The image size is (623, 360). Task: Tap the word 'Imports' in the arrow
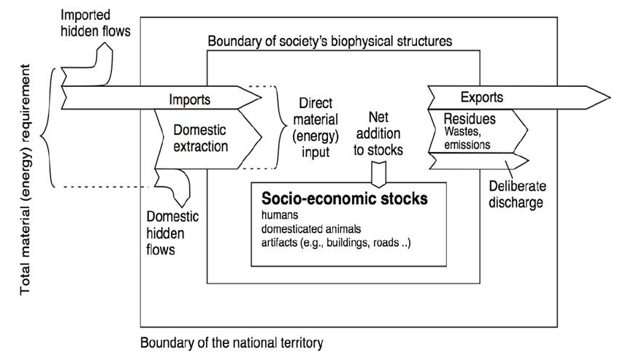[190, 99]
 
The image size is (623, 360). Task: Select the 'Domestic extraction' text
[200, 138]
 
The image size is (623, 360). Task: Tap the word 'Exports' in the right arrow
[481, 97]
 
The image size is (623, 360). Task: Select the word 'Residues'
[465, 118]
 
